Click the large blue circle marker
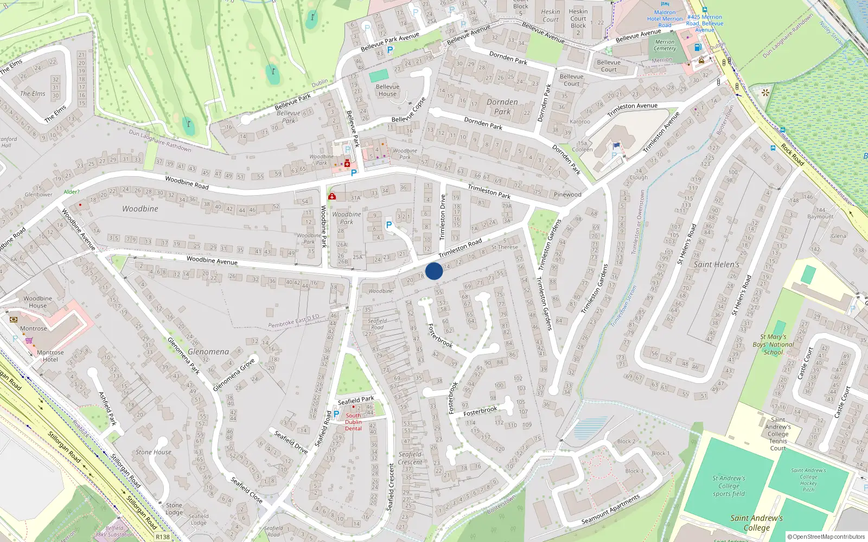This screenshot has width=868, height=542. point(434,271)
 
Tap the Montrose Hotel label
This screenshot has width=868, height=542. point(50,356)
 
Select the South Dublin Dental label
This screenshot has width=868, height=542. point(353,422)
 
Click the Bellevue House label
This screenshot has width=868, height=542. point(387,91)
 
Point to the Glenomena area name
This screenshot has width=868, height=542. point(208,352)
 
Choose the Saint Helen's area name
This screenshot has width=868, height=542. point(716,264)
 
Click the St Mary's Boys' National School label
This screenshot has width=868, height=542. point(773,344)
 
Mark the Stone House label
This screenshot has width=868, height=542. point(154,452)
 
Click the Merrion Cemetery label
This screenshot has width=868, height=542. point(665,45)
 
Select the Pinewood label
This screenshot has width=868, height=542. point(567,195)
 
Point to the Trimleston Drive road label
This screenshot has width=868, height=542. point(442,217)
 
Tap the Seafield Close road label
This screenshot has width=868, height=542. point(246,489)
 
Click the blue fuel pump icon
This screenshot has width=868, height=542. point(698,47)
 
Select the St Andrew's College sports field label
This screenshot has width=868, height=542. point(729,486)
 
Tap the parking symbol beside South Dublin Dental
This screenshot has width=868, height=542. point(336,414)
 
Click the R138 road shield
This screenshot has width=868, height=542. point(162,537)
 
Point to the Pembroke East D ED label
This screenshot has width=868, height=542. point(293,321)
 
